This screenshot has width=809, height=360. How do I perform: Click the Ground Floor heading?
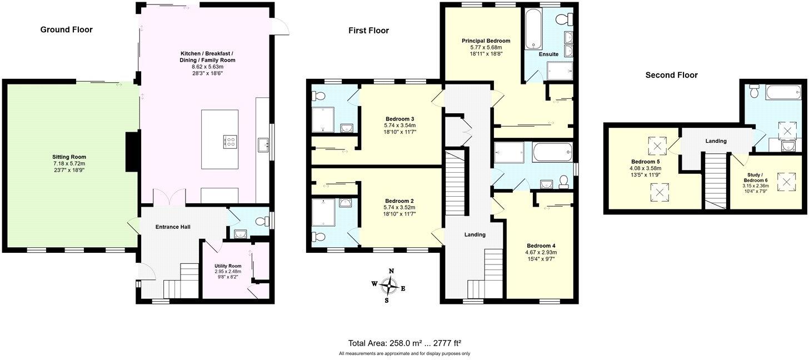point(66,29)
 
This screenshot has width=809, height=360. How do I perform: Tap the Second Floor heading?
point(671,75)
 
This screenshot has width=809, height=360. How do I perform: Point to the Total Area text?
point(404,343)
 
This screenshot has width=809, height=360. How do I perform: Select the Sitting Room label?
point(69,157)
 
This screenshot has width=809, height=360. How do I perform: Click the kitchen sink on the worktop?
point(263,146)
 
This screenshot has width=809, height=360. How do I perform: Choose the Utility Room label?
point(228,266)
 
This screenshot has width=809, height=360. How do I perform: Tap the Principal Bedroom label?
point(486,41)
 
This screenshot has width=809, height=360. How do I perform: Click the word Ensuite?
point(548,54)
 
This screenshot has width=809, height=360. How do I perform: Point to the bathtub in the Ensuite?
point(533,29)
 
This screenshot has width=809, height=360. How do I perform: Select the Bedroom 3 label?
point(400,119)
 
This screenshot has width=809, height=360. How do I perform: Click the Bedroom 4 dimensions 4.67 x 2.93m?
point(541,252)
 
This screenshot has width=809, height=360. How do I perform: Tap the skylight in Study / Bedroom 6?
point(787,181)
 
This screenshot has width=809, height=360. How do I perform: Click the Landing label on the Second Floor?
point(716,141)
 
